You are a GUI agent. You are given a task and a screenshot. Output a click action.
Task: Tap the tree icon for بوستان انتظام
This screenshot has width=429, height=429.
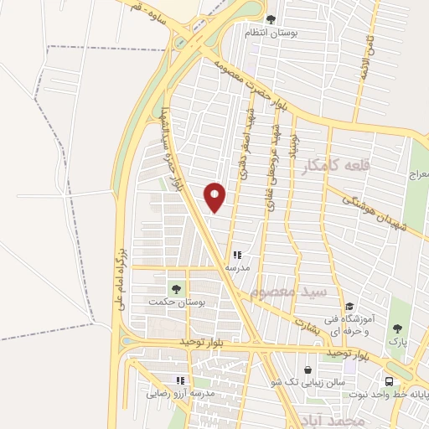270,19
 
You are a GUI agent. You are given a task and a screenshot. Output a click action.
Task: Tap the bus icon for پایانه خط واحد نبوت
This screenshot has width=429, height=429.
424,381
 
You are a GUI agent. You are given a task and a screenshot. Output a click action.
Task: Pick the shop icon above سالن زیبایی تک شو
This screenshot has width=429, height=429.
308,370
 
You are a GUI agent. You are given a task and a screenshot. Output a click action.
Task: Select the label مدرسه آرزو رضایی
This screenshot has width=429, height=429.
182,392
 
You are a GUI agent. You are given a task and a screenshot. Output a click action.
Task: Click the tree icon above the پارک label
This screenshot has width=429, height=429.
397,328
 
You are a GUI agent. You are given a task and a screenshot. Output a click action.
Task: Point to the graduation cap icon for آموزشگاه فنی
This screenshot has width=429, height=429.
349,306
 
